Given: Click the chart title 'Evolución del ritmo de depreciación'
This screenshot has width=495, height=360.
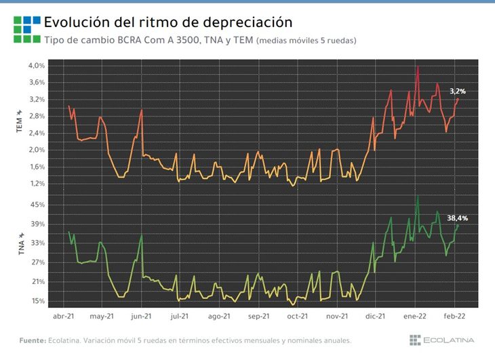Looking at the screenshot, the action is click(x=168, y=22).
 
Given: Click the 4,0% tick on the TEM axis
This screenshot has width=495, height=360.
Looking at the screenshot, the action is click(x=37, y=66).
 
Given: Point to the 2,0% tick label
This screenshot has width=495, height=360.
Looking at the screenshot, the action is click(x=37, y=150).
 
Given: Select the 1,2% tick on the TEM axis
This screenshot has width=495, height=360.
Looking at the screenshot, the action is click(x=37, y=184).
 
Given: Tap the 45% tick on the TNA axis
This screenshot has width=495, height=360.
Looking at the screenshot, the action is click(x=38, y=205).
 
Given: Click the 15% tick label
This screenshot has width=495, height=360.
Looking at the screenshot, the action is click(x=38, y=301).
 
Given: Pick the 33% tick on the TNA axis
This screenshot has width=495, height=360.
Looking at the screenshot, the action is click(x=38, y=243).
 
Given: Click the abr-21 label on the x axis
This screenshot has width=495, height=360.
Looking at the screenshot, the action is click(x=64, y=316).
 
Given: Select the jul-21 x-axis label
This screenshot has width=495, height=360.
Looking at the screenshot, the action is click(x=179, y=316).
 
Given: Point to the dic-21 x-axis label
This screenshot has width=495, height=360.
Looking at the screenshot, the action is click(x=376, y=316).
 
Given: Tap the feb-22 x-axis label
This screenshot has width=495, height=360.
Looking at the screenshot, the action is click(x=454, y=316).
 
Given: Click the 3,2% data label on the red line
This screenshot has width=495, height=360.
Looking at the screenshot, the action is click(x=458, y=91).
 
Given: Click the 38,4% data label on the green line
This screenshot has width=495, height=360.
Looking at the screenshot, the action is click(x=458, y=218).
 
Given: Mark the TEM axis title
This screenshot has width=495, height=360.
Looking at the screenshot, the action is click(x=20, y=121).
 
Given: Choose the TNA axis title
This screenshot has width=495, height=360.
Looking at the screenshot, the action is click(x=21, y=244).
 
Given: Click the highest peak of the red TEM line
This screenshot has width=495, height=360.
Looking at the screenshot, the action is click(x=418, y=66).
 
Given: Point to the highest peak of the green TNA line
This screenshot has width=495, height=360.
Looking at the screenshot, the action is click(x=418, y=196).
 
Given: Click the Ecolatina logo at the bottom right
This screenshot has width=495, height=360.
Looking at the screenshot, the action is click(x=441, y=340).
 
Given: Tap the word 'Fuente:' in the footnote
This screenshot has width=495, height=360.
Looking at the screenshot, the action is click(x=33, y=340).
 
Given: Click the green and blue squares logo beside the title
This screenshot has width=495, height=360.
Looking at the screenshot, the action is click(x=27, y=29).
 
